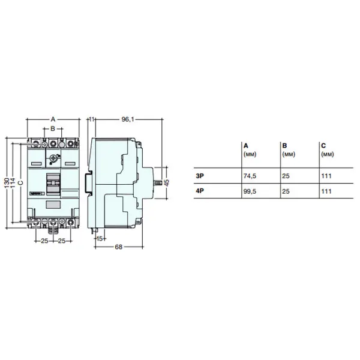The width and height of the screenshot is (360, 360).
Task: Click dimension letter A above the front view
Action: (53, 119)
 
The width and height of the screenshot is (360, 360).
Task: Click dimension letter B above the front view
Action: (53, 128)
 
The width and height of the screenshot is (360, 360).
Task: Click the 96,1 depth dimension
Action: (127, 119)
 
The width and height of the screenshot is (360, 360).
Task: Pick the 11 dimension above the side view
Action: (92, 119)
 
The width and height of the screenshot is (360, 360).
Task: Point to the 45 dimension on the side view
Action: (167, 182)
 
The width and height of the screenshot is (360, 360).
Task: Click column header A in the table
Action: (246, 146)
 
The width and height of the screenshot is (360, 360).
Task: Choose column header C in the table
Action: (323, 146)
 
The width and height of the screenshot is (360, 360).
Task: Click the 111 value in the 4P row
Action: (326, 191)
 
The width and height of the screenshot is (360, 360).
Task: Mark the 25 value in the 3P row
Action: (286, 176)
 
